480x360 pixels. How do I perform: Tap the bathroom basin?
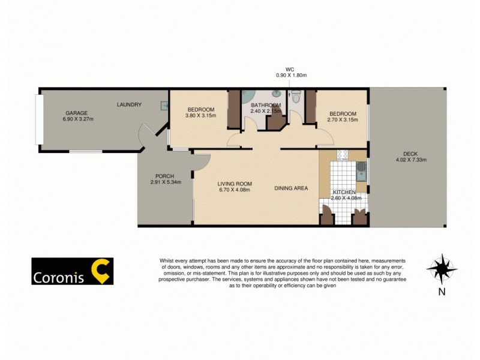click(276, 94)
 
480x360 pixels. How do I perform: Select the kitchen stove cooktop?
click(343, 154)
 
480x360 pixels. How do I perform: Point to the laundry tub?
click(163, 106)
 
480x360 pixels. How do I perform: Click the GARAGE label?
click(77, 113)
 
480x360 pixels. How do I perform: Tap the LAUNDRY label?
click(129, 105)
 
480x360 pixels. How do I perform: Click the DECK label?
click(411, 152)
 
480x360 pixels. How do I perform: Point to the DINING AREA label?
click(291, 188)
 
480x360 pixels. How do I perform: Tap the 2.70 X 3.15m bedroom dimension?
click(342, 120)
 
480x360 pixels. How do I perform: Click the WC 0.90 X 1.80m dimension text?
click(291, 76)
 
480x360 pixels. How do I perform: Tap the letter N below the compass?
click(442, 293)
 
